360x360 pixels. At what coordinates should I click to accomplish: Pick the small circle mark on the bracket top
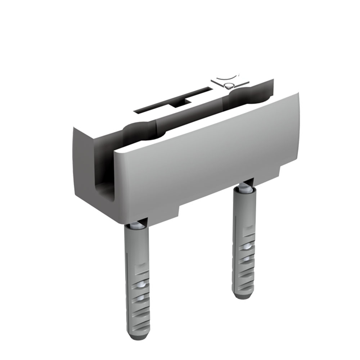[x=228, y=86]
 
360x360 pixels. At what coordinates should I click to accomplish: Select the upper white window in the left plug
[x=141, y=284]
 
